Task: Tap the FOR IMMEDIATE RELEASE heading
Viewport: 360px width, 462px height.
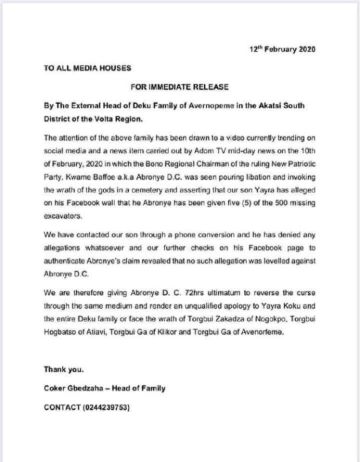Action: pos(179,88)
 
